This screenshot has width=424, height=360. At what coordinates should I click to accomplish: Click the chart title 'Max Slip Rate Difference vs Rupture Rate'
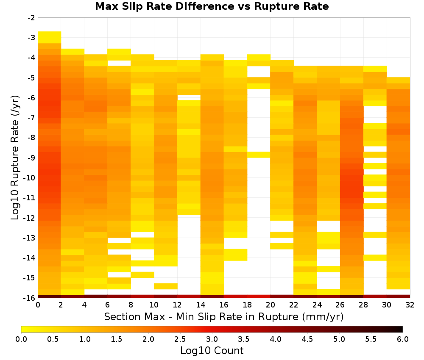click(212, 6)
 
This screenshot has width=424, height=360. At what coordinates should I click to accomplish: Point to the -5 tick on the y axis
click(31, 78)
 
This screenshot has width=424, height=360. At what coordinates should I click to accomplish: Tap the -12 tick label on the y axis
click(29, 218)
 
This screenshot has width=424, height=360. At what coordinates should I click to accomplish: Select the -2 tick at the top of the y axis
click(31, 18)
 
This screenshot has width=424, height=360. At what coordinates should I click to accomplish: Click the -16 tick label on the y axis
click(29, 298)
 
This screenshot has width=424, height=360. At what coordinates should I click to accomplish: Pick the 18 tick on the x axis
click(247, 305)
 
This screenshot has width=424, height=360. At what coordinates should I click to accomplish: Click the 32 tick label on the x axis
click(410, 305)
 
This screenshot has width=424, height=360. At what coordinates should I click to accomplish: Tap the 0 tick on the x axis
click(38, 305)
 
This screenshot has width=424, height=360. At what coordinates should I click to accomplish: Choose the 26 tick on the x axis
click(340, 305)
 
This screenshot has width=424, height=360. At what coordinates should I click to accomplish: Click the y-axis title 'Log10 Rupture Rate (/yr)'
click(15, 158)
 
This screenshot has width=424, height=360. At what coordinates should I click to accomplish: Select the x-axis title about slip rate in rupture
click(224, 316)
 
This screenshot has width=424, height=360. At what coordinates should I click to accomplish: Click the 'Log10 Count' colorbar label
click(212, 351)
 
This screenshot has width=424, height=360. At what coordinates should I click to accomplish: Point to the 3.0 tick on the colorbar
click(212, 339)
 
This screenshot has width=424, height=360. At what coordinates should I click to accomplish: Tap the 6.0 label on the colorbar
click(403, 339)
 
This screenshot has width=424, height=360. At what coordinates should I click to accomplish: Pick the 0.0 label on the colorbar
click(21, 339)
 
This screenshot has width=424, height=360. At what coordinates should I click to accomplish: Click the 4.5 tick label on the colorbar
click(307, 339)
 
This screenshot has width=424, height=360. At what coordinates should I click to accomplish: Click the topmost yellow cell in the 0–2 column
click(50, 37)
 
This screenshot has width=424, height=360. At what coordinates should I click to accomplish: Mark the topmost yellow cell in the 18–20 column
click(259, 57)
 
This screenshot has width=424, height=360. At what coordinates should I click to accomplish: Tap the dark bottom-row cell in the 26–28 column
click(352, 296)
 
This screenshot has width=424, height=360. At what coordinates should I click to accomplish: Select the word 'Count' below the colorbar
click(229, 351)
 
